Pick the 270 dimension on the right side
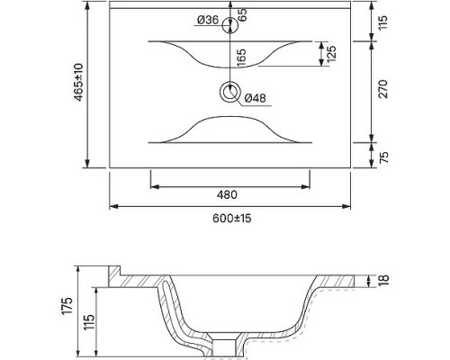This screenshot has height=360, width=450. click(x=384, y=90)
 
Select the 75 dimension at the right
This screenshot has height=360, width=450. click(x=384, y=155)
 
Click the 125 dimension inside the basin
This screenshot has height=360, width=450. click(x=331, y=53)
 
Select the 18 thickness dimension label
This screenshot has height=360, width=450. click(x=384, y=283)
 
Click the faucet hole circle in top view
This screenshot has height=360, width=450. click(x=232, y=24)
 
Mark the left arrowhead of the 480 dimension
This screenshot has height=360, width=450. click(x=152, y=186)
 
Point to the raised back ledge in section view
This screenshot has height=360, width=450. click(x=114, y=272)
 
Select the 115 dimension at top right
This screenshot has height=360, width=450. click(x=384, y=22)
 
